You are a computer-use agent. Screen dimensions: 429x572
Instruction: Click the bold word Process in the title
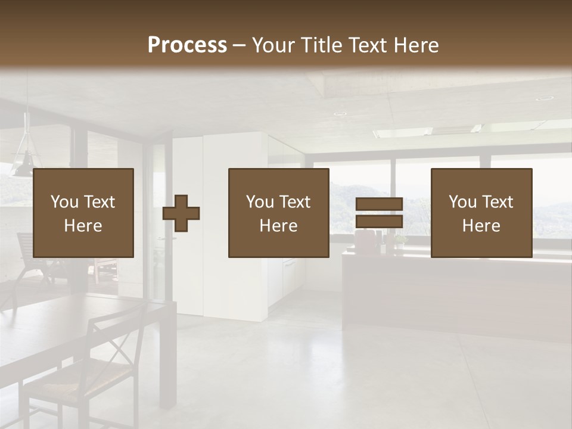(187, 45)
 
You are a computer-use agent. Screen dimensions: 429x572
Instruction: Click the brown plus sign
(181, 213)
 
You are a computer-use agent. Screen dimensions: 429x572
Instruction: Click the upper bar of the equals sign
(379, 204)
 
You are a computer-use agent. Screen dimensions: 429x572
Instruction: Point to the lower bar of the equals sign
(379, 222)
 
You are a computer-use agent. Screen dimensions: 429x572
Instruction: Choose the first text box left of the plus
(83, 213)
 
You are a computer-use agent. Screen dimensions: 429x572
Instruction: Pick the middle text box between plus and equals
(278, 213)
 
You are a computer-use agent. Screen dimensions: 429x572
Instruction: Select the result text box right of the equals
(481, 213)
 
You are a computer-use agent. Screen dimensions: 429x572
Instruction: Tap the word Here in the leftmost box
(83, 226)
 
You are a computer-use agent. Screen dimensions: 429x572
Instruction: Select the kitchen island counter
(453, 292)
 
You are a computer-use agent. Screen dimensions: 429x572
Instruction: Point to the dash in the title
(240, 45)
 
